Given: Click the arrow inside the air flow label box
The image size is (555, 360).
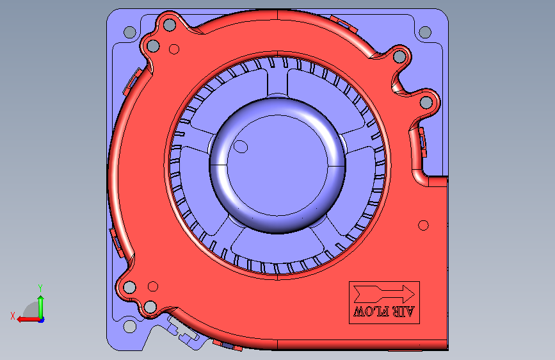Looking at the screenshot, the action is point(384,294).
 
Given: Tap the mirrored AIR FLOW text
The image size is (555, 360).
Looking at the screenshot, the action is point(384,312).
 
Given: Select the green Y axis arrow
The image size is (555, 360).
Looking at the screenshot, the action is point(41,307).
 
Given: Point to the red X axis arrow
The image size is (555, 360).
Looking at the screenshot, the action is point(29,320).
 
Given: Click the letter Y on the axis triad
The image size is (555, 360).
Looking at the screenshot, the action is point(40,288).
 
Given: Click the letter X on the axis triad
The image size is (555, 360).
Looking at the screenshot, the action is point(13,316).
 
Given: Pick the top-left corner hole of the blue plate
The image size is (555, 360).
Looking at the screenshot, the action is point(130,32).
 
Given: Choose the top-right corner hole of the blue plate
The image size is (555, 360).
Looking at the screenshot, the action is point(425,32).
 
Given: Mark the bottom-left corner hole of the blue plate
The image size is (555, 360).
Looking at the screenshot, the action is point(129,326).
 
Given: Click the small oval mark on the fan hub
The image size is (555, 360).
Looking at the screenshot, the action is point(241,146).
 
